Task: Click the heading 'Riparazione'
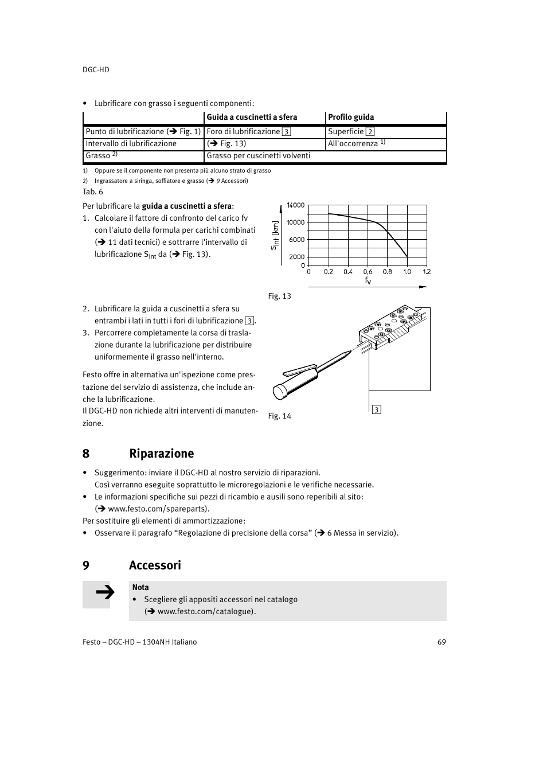[161, 454]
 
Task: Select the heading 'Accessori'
[155, 565]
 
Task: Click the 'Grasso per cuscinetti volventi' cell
[259, 155]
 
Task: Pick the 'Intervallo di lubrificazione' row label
[131, 144]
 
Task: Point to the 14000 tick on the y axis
[296, 205]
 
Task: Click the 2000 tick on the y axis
[297, 257]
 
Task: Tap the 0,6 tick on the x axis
[368, 272]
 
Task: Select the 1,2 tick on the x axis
[427, 272]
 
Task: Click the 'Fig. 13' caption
[280, 296]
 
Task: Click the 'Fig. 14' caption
[280, 416]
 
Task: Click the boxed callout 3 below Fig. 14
[377, 409]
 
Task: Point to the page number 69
[441, 642]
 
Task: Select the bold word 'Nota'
[140, 587]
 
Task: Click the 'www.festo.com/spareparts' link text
[158, 509]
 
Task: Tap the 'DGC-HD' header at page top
[96, 69]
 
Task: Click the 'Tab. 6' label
[93, 192]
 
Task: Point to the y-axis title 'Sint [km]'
[275, 235]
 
